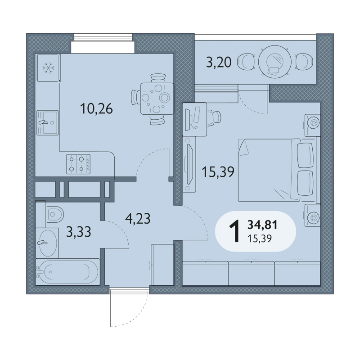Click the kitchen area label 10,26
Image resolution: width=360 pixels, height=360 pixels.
coord(96,109)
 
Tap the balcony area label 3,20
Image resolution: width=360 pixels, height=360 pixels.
coord(219,62)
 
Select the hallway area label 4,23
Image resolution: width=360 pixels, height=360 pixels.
coord(138,218)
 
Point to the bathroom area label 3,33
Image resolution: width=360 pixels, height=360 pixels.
coord(78,232)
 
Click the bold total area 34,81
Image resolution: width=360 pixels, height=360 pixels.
coord(262,225)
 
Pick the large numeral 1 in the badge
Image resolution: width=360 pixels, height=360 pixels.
coord(234,231)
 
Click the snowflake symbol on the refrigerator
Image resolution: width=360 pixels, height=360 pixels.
coord(49,68)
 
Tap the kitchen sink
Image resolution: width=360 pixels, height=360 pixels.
coord(48,122)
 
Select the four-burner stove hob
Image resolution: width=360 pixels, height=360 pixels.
coord(78,164)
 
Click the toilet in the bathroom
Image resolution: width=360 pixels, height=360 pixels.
coord(54,215)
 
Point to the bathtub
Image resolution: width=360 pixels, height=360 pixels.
coord(67,272)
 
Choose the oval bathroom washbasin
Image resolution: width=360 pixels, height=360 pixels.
coord(48,243)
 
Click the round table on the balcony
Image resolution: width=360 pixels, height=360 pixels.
coord(275,62)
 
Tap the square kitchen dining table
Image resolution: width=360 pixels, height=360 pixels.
coord(157,99)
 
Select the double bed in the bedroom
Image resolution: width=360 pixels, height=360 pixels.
coord(276,170)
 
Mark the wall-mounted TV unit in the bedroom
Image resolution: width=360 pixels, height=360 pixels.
coord(189,164)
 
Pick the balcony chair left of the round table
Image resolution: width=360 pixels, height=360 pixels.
coord(246,62)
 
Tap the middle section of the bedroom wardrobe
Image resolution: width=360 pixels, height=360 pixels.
coord(252,273)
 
